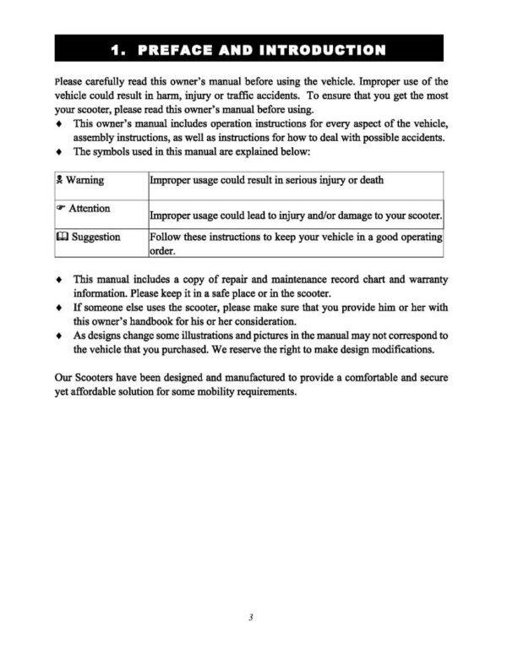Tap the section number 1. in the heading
[x=123, y=49]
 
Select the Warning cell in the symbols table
[x=95, y=179]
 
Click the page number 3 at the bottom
[x=251, y=617]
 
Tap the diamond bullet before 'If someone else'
[x=58, y=308]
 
